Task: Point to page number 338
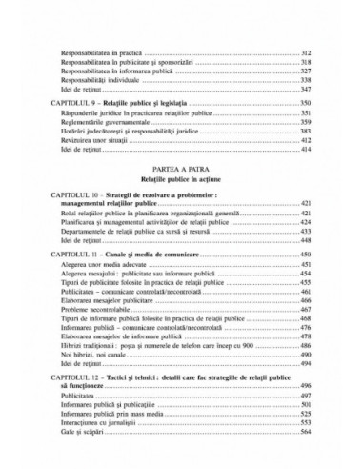pyautogui.click(x=308, y=82)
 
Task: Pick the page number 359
pyautogui.click(x=308, y=122)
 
